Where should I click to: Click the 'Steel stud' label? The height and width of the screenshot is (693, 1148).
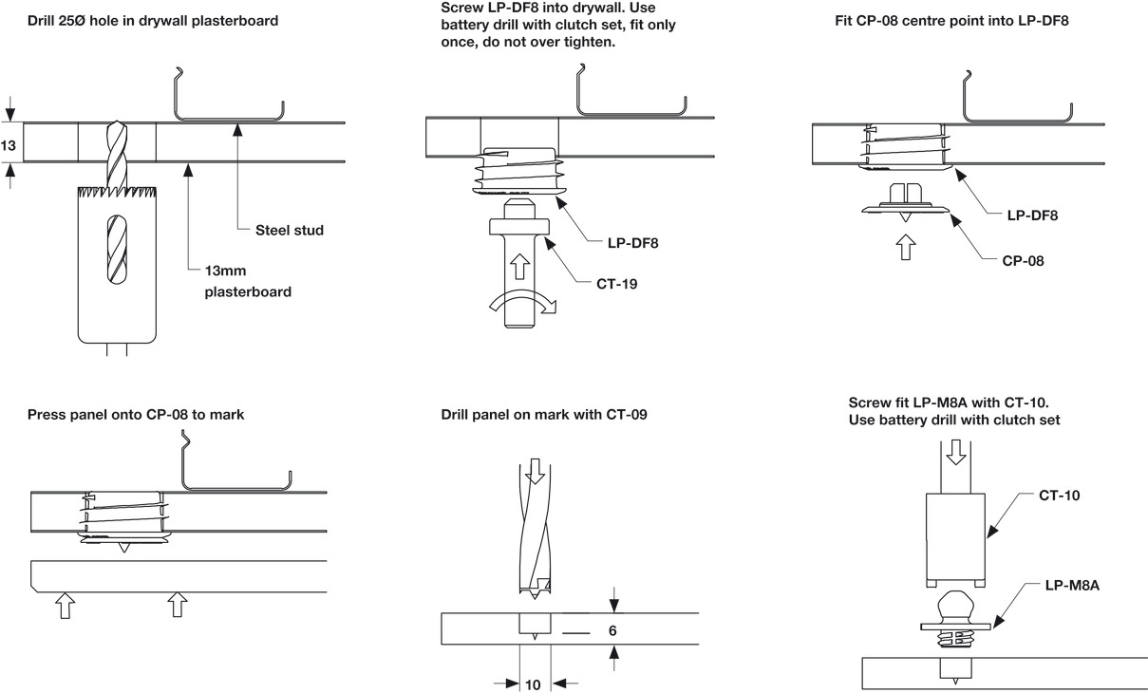pos(290,230)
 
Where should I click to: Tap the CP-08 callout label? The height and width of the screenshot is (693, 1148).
pos(1023,259)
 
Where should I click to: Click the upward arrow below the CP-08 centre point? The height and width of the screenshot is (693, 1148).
pos(906,248)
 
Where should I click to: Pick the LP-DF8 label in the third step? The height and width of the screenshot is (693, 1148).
pos(1032,215)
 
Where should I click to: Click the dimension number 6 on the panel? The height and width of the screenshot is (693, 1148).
pos(612,629)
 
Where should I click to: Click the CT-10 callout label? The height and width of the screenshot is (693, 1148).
pos(1059,495)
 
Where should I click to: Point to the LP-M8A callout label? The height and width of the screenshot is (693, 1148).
pos(1072,586)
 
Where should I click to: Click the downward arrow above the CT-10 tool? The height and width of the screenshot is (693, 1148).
pos(956,451)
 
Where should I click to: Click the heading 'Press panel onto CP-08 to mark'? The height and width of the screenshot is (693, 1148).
pos(136,415)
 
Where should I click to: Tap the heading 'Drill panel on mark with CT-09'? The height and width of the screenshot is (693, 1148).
pos(544,415)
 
